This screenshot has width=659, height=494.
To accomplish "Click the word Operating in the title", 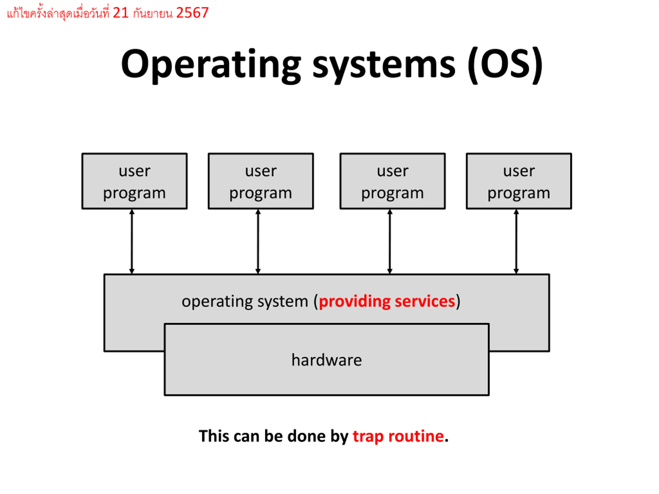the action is click(211, 66).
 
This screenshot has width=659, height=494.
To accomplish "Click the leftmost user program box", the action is click(135, 181).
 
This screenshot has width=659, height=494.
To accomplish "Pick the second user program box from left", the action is click(261, 181).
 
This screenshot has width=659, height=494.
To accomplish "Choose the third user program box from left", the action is click(393, 181).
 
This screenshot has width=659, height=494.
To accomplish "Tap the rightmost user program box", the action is click(519, 181).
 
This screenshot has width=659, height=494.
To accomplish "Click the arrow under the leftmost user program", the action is click(132, 242).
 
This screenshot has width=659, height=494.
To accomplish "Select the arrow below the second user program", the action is click(258, 242).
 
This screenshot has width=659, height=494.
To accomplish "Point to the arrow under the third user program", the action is click(390, 242).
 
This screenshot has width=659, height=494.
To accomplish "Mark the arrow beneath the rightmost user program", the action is click(516, 242).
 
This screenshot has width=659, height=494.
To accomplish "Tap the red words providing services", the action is click(387, 302).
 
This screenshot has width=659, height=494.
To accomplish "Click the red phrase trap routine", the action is click(398, 437).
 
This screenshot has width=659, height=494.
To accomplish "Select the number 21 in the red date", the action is click(121, 13).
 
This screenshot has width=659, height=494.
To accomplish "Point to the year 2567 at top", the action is click(193, 13).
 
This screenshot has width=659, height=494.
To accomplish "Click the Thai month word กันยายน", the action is click(153, 13).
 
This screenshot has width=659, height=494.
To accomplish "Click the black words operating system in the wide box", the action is click(245, 302).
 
